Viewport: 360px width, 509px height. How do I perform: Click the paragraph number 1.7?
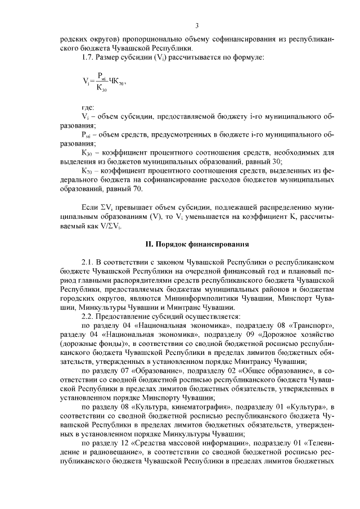(88, 58)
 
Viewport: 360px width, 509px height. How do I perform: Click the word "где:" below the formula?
(88, 107)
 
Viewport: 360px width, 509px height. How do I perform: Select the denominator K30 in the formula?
(102, 88)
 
